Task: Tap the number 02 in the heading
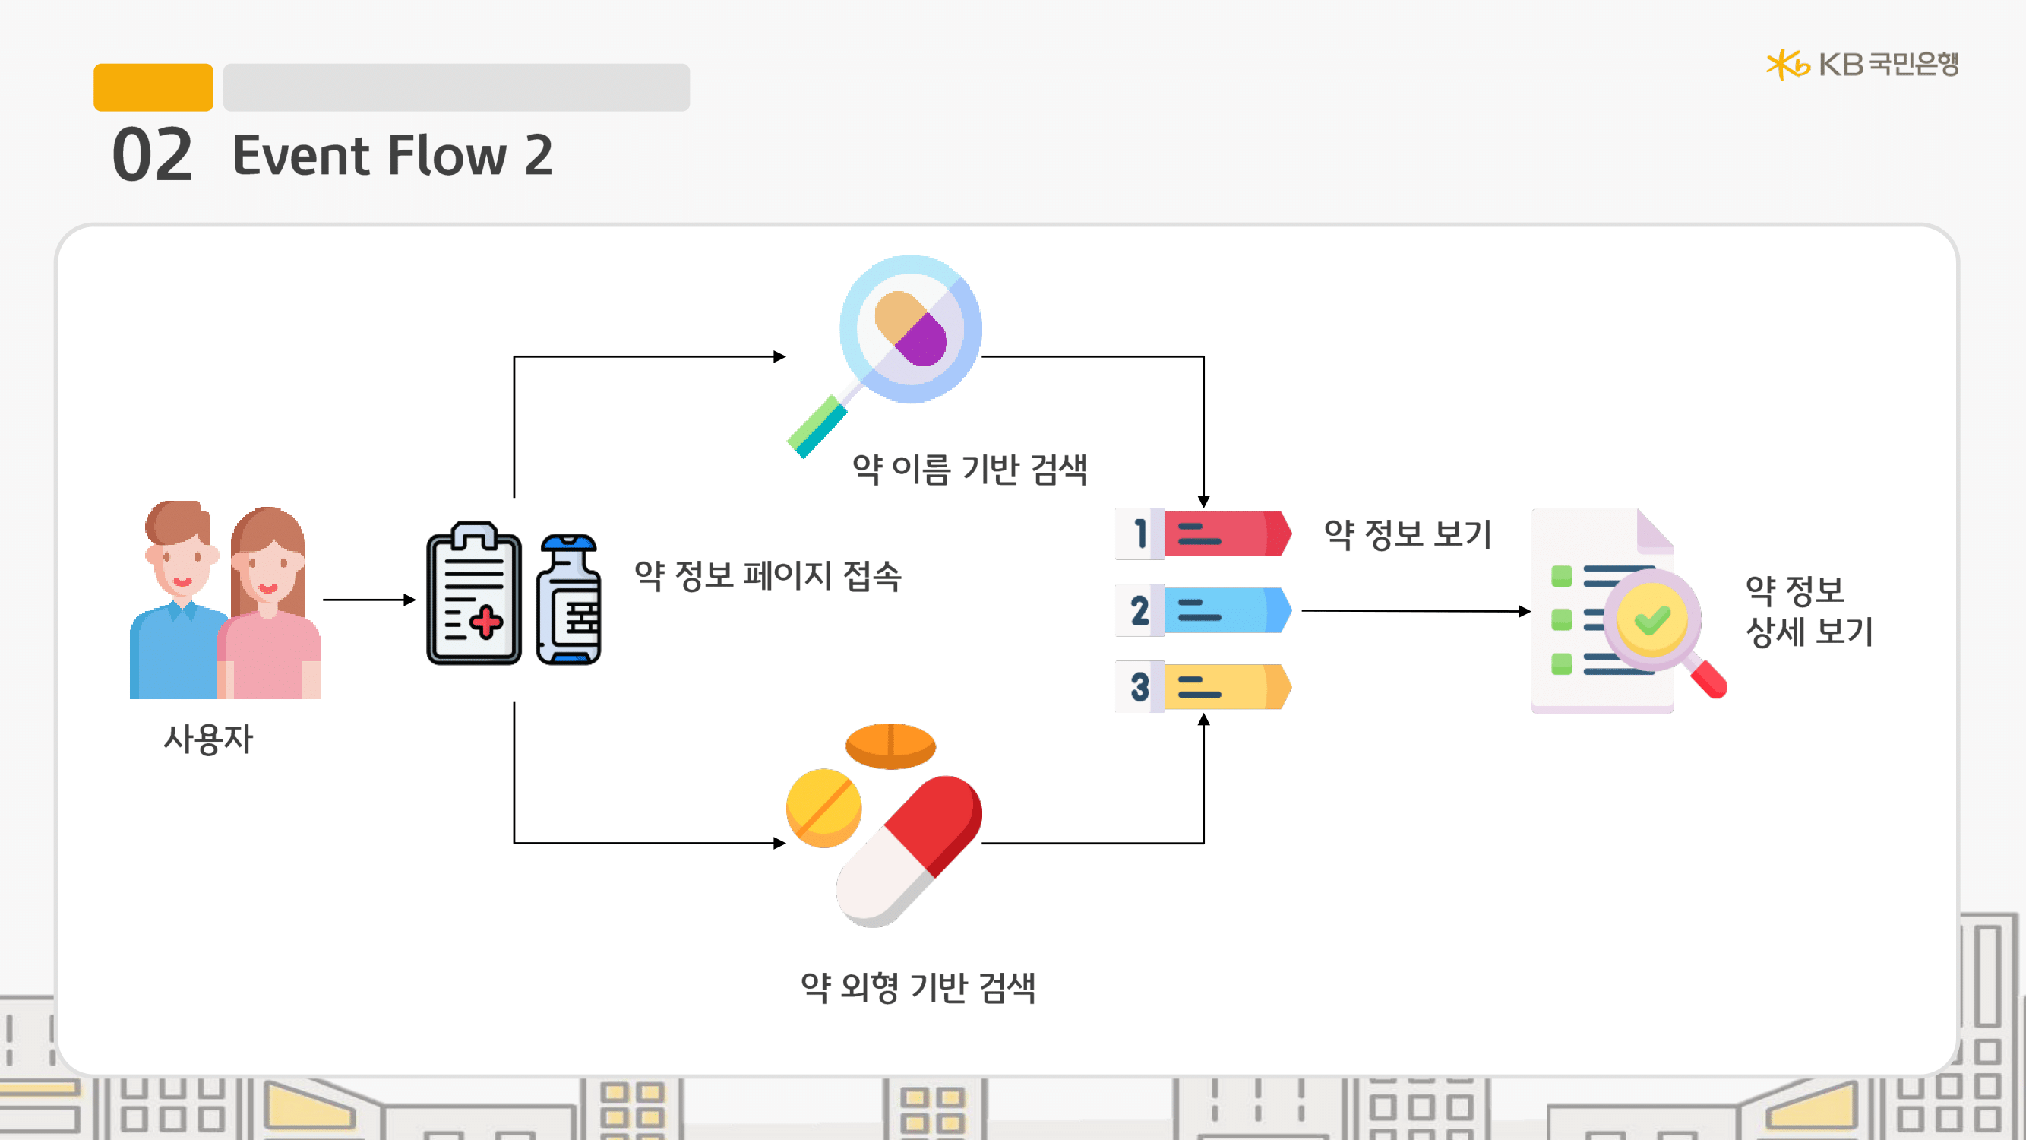(152, 155)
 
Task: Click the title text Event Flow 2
(393, 155)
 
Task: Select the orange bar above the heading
(153, 87)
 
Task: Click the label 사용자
(208, 739)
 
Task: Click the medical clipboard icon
(473, 594)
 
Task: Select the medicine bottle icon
(569, 600)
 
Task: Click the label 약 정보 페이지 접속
(767, 575)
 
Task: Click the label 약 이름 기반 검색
(970, 470)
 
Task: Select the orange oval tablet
(890, 745)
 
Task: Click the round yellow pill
(823, 808)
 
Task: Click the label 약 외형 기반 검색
(918, 987)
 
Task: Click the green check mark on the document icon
(1651, 621)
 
